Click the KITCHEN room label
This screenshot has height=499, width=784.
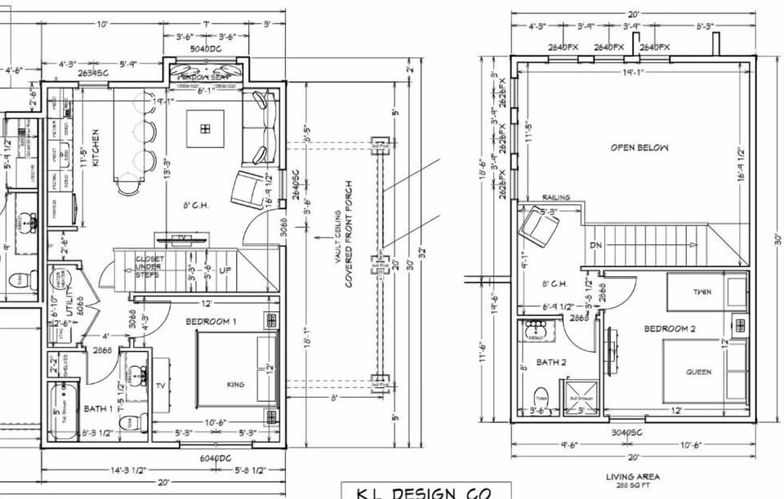96,147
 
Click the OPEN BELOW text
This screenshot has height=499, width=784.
639,148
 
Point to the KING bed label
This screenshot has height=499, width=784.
237,383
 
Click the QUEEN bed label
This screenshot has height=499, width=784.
698,372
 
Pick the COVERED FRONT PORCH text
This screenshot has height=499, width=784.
348,234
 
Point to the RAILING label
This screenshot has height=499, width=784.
557,198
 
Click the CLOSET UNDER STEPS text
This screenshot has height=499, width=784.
150,267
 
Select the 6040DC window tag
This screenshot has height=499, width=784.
214,458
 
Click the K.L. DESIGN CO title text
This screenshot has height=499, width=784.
425,492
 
